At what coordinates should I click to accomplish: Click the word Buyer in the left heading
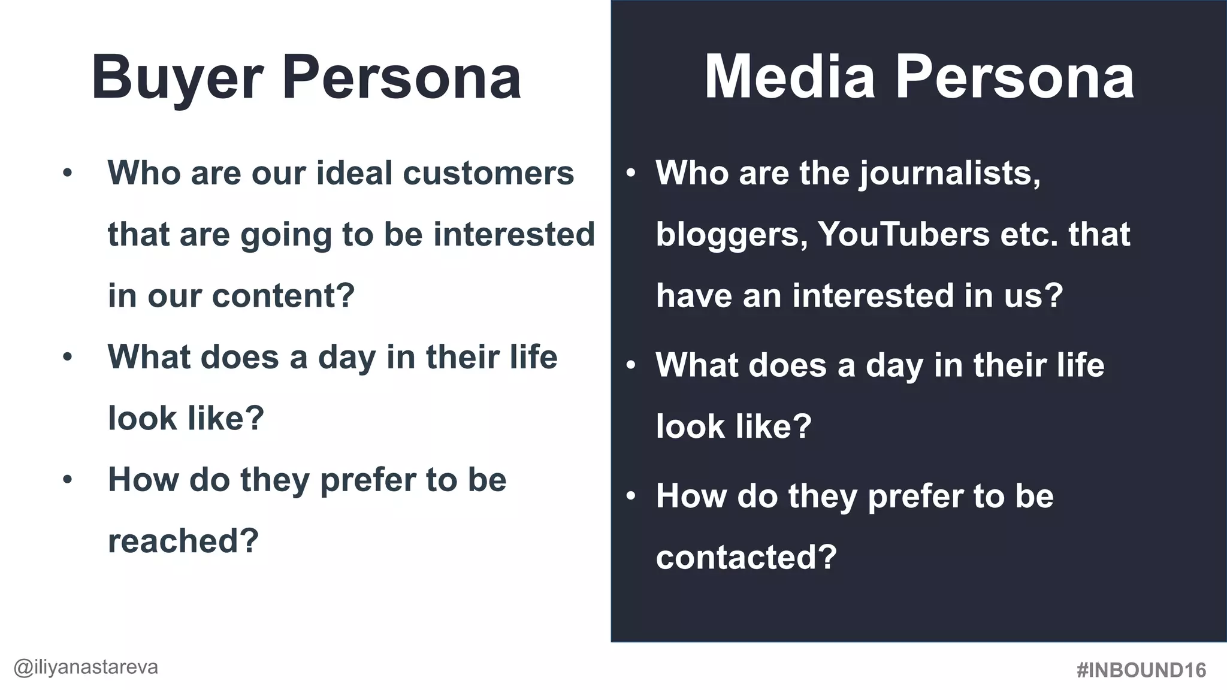(177, 78)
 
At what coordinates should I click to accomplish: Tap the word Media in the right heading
(790, 77)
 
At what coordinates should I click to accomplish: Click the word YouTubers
(903, 234)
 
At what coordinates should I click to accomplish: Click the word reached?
(183, 541)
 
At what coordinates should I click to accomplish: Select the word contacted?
(746, 557)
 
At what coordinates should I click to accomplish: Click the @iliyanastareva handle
(86, 667)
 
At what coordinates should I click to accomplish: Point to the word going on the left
(286, 235)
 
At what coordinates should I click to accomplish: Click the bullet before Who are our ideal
(67, 174)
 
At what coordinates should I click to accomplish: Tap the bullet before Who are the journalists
(630, 174)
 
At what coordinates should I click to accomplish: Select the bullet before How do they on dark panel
(630, 497)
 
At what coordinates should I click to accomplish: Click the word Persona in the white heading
(402, 78)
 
